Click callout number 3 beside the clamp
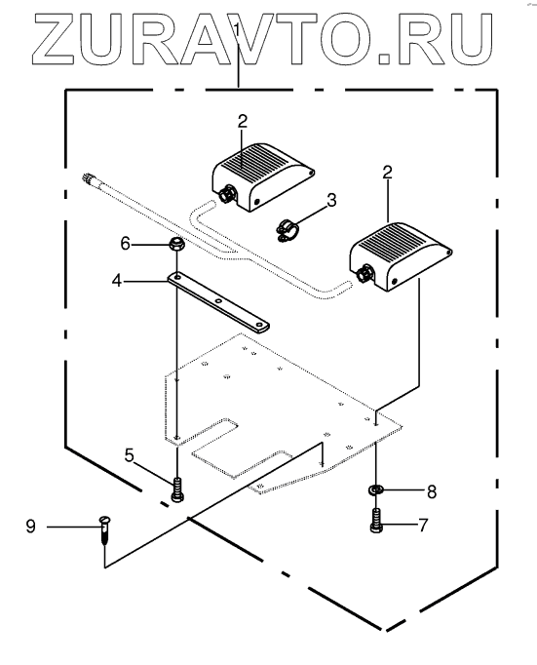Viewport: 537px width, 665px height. pos(331,200)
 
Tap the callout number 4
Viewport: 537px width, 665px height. pos(117,281)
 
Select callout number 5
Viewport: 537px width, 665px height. pos(130,456)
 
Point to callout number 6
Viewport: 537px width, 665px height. pos(125,244)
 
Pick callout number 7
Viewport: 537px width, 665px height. pos(423,526)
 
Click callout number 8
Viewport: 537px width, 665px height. pos(431,491)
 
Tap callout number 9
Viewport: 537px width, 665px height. pos(31,527)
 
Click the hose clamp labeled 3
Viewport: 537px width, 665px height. pos(287,231)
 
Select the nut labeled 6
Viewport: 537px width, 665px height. pos(175,244)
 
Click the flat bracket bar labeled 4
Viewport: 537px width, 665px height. pos(218,301)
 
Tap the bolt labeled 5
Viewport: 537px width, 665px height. pos(177,489)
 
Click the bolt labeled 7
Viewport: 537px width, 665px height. pos(375,520)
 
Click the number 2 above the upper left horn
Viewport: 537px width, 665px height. pos(242,122)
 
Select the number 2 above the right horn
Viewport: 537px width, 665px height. pos(387,173)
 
